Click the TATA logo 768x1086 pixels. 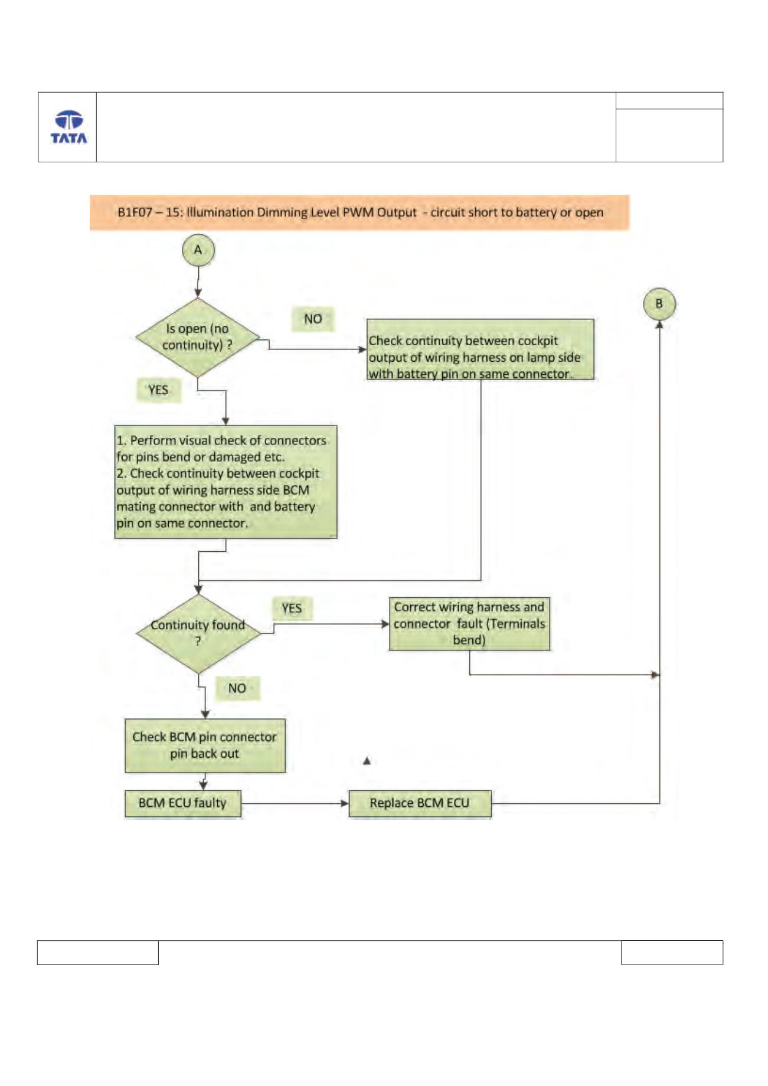68,127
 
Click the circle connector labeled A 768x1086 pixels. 198,250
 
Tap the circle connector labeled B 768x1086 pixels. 659,303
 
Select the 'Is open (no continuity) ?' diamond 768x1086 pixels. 198,337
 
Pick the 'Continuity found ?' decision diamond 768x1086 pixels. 198,633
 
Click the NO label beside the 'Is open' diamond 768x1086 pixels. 313,319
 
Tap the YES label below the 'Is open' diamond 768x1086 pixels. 158,390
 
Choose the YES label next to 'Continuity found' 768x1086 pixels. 292,609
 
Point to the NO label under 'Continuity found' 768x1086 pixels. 237,688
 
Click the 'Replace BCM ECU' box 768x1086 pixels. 420,803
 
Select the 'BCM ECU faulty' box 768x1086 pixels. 182,803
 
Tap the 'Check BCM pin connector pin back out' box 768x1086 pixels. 205,745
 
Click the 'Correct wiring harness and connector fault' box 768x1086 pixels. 469,624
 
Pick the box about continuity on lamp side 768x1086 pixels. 481,349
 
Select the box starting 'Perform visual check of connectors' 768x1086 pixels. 226,482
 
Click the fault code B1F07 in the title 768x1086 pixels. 136,212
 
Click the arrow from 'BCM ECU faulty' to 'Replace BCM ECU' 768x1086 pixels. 295,803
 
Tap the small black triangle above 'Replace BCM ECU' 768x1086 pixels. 367,761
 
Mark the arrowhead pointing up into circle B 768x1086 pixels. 659,323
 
